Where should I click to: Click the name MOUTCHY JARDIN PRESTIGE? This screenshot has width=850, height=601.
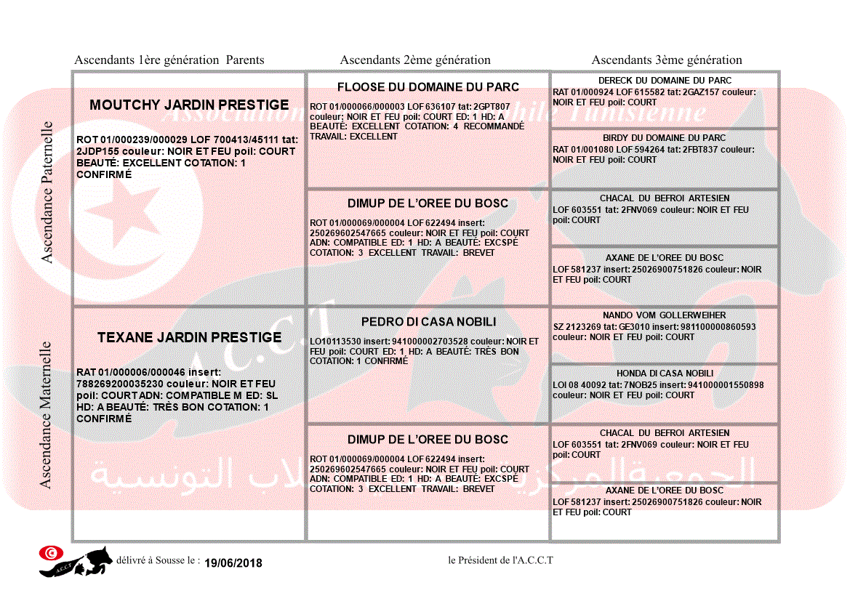(x=189, y=105)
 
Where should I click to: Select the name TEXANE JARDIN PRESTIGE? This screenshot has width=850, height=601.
(x=189, y=337)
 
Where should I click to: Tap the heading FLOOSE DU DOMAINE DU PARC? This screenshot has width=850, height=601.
(x=428, y=87)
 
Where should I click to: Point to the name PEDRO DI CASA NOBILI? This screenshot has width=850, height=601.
(x=428, y=322)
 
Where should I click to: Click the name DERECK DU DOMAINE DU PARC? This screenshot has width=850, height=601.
(x=665, y=81)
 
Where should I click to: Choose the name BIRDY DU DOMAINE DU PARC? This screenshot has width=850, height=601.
(x=665, y=138)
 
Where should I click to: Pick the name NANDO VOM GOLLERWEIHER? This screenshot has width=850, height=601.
(x=665, y=315)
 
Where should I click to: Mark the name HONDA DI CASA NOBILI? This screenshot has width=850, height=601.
(x=665, y=374)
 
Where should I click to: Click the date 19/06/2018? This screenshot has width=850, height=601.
(x=233, y=563)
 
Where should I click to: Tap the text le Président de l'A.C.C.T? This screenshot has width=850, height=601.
(x=500, y=560)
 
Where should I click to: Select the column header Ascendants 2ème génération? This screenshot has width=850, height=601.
(x=415, y=60)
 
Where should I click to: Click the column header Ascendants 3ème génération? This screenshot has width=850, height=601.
(x=667, y=60)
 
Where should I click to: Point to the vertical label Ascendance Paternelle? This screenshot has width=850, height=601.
(x=47, y=192)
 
